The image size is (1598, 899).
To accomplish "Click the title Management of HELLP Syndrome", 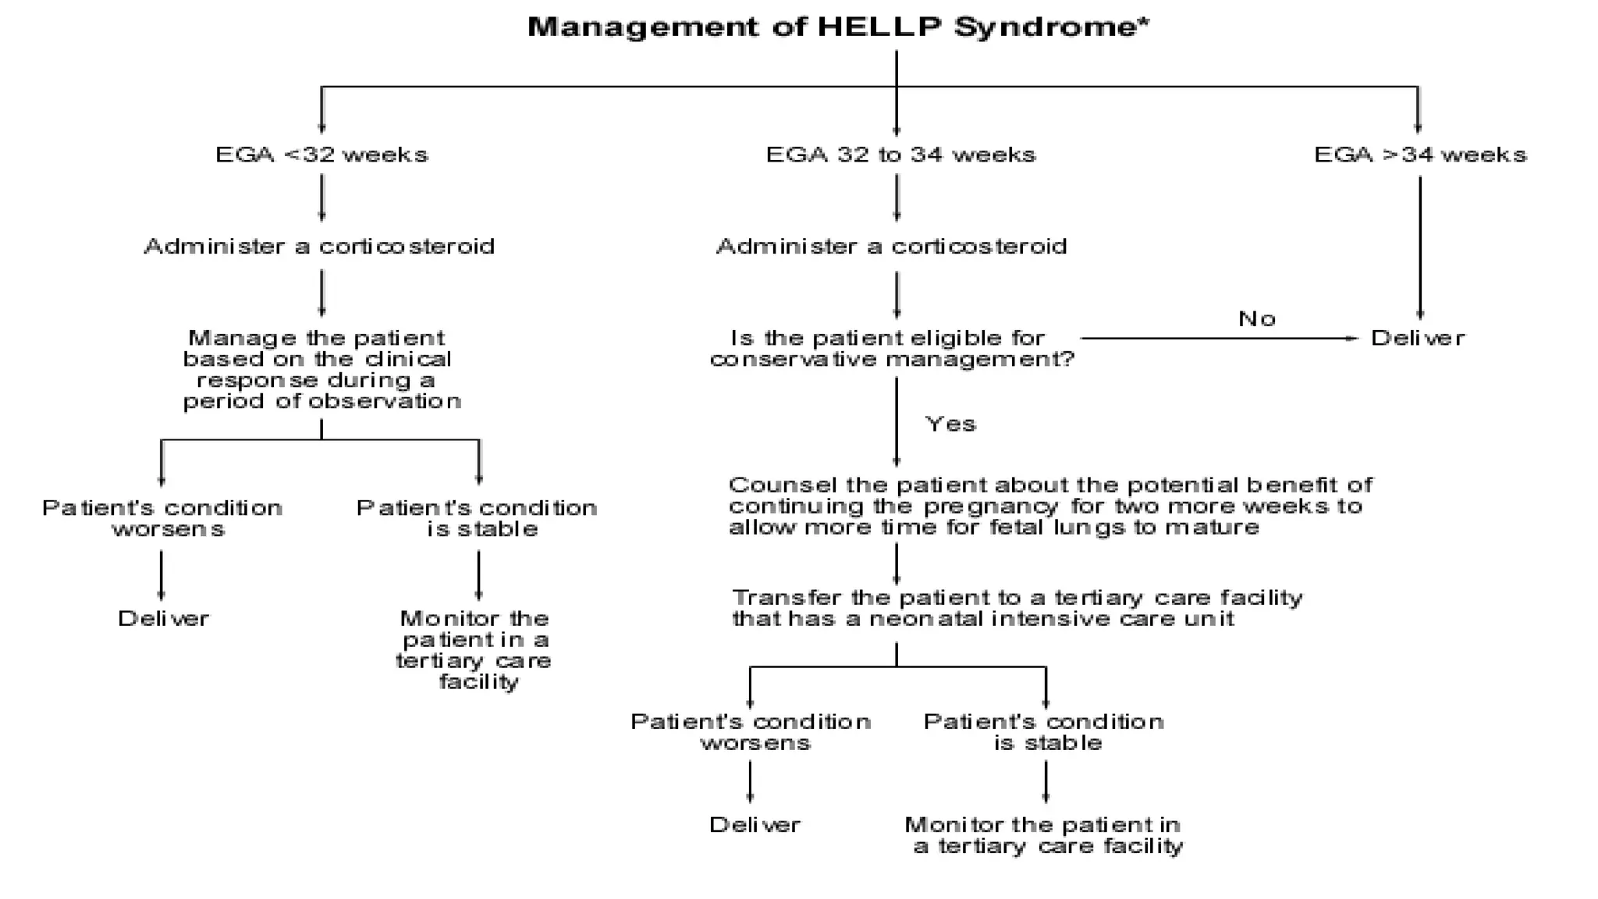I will pyautogui.click(x=838, y=27).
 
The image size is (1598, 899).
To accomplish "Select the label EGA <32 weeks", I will pyautogui.click(x=321, y=155).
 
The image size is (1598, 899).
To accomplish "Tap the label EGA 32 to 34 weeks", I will pyautogui.click(x=900, y=155).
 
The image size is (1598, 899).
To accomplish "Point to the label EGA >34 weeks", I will pyautogui.click(x=1420, y=155).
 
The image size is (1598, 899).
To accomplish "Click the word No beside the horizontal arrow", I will pyautogui.click(x=1256, y=319).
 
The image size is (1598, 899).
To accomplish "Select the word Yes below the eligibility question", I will pyautogui.click(x=950, y=425).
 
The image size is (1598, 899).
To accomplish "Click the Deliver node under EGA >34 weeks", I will pyautogui.click(x=1418, y=339).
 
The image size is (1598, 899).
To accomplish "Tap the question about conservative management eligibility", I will pyautogui.click(x=892, y=349).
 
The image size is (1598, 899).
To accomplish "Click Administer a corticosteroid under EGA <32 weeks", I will pyautogui.click(x=319, y=247).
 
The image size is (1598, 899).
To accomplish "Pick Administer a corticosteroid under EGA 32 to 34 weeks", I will pyautogui.click(x=891, y=247).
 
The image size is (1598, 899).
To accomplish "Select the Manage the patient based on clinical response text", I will pyautogui.click(x=321, y=370).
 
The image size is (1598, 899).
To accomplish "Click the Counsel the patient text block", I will pyautogui.click(x=1049, y=506).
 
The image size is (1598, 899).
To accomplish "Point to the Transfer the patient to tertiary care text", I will pyautogui.click(x=1017, y=609).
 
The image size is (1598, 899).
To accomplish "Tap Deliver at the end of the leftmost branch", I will pyautogui.click(x=163, y=619).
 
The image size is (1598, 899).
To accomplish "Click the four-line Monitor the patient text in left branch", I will pyautogui.click(x=474, y=650).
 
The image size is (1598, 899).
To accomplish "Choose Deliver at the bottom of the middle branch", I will pyautogui.click(x=754, y=825).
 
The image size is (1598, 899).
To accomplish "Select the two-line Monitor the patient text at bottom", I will pyautogui.click(x=1044, y=836).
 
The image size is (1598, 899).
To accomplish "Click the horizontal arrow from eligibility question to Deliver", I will pyautogui.click(x=1217, y=339).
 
